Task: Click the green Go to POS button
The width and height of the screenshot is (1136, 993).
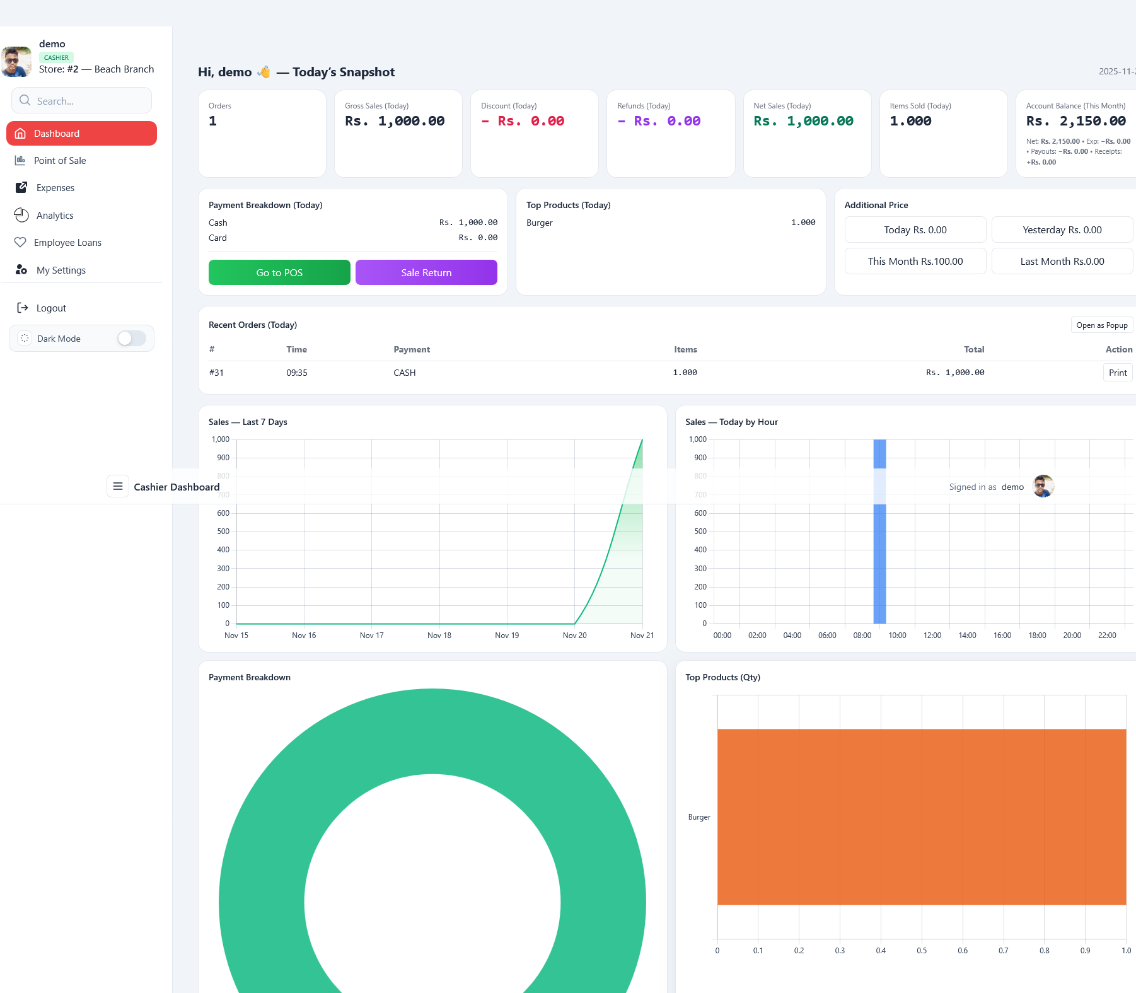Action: click(x=279, y=272)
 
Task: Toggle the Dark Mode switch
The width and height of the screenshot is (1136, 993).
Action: click(x=131, y=339)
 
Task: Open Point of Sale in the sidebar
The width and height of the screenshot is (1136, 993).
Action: click(x=60, y=161)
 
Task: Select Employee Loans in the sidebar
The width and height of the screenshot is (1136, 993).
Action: click(x=67, y=243)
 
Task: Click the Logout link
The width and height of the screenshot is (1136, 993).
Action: click(x=51, y=308)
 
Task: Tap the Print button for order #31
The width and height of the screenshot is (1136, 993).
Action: click(x=1117, y=373)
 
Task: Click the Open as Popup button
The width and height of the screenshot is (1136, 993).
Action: click(x=1101, y=325)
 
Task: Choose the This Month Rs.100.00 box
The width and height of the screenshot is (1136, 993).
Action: click(x=915, y=262)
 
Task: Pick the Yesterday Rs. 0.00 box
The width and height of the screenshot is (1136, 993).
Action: click(x=1062, y=230)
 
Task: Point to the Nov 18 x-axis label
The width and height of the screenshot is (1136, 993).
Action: click(x=439, y=636)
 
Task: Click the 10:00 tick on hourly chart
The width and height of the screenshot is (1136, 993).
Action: click(x=897, y=636)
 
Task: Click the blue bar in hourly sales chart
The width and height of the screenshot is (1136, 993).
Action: click(x=879, y=555)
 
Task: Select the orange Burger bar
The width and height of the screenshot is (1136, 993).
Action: click(x=921, y=816)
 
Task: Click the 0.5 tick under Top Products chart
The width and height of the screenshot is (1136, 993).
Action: click(x=922, y=951)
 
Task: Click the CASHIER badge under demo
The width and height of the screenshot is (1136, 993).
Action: click(x=56, y=57)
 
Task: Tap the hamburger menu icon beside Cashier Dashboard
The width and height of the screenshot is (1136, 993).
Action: click(x=117, y=486)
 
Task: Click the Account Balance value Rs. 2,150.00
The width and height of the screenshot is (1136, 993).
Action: click(x=1075, y=121)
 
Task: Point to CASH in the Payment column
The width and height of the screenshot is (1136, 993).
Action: click(x=405, y=373)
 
